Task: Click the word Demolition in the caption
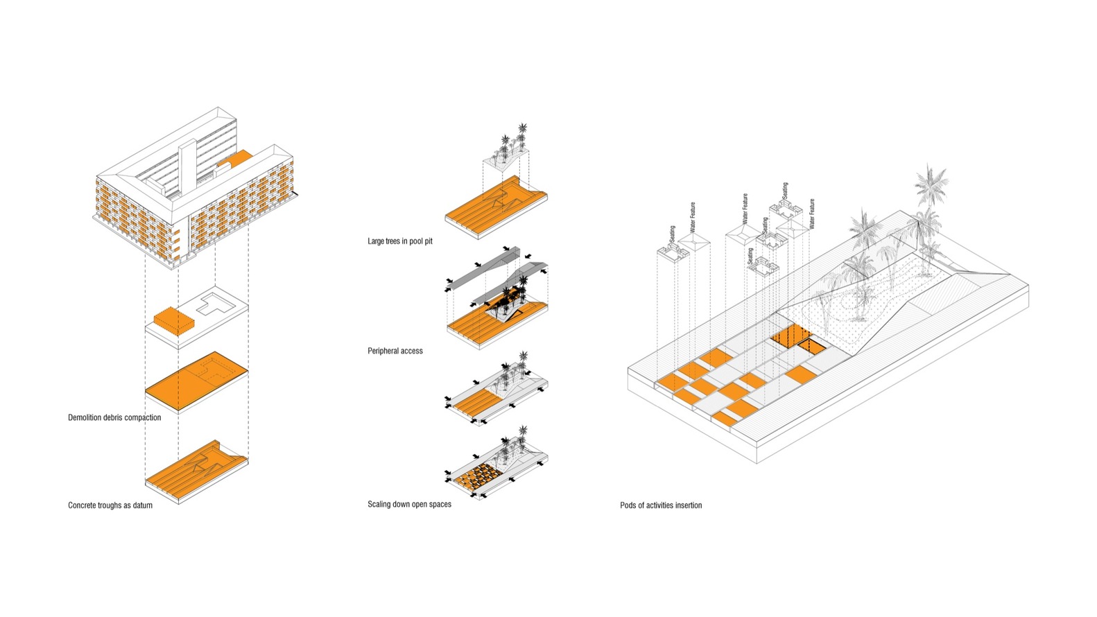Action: [85, 417]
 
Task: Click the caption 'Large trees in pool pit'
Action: [399, 241]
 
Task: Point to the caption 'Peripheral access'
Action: [395, 351]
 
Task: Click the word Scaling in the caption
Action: [381, 504]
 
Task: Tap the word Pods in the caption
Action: [628, 505]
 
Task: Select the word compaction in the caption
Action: [143, 417]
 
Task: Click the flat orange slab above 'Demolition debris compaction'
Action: [196, 379]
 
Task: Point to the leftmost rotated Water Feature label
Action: [692, 217]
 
